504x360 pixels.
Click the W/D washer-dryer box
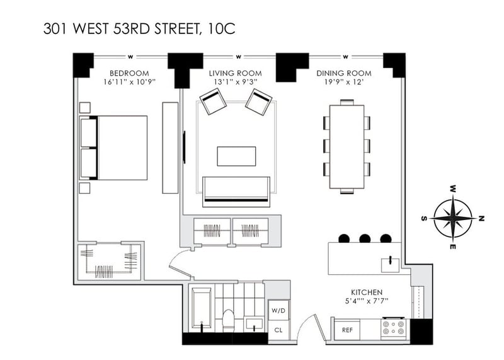click(x=278, y=310)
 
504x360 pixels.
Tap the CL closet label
click(x=278, y=330)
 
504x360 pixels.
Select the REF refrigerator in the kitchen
click(x=347, y=330)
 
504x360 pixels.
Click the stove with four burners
click(x=393, y=327)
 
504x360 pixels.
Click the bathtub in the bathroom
click(x=202, y=308)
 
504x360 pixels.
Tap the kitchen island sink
click(x=390, y=264)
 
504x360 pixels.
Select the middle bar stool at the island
click(x=365, y=238)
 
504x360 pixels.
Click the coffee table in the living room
click(x=237, y=156)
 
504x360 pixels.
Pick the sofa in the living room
click(x=236, y=192)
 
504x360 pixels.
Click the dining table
click(x=347, y=147)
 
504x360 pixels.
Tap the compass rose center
click(x=452, y=218)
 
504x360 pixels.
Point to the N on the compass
click(x=481, y=218)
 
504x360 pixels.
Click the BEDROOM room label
click(x=129, y=73)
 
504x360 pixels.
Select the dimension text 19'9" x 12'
click(x=344, y=82)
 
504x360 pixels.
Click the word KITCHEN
click(x=367, y=293)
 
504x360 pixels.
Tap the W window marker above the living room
click(x=238, y=57)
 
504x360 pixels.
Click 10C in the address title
click(x=222, y=28)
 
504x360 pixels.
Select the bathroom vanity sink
click(x=254, y=323)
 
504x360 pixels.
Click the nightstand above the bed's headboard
click(x=85, y=108)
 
